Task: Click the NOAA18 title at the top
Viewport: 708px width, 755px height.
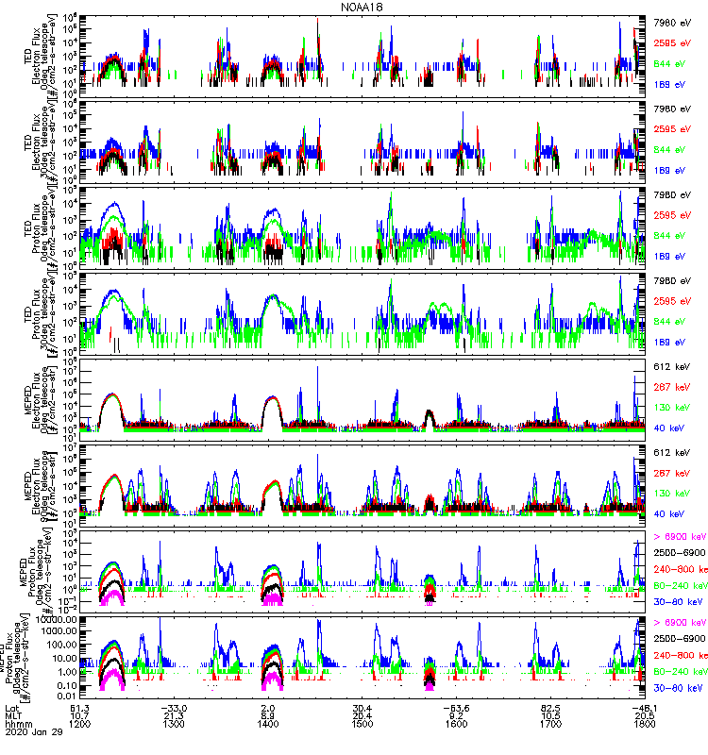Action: pos(362,7)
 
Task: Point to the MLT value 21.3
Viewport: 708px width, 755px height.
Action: pos(174,717)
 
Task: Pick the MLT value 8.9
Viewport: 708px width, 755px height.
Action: pos(268,717)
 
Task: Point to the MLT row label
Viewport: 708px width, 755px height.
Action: pos(13,717)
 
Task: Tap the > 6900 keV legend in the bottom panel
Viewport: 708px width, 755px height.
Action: pos(678,623)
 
